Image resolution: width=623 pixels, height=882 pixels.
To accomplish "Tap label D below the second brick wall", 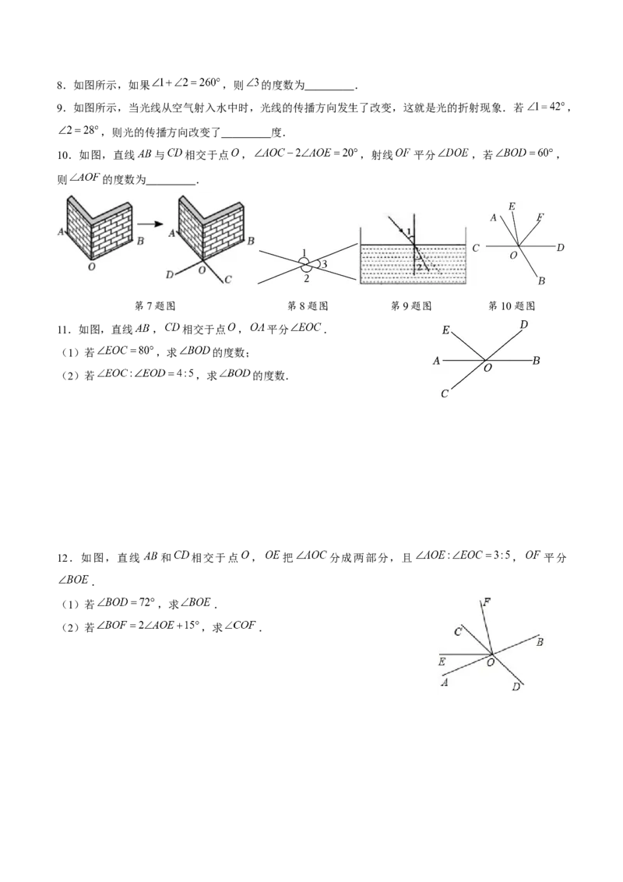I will (171, 273).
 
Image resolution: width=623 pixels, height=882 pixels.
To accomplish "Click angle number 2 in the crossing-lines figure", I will (307, 277).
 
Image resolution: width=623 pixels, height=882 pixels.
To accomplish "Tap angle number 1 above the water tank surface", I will (408, 233).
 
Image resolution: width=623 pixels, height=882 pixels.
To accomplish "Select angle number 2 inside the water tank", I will (419, 266).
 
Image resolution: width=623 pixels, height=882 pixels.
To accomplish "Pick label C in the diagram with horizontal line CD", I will (475, 248).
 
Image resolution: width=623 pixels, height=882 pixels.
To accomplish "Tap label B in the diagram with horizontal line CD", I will (540, 280).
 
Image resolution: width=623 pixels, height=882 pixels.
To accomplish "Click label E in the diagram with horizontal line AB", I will (445, 330).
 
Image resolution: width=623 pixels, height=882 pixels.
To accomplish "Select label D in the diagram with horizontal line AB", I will (523, 323).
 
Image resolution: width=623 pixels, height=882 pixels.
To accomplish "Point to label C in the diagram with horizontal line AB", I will (444, 394).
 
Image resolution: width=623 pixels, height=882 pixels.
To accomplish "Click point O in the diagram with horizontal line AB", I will (487, 368).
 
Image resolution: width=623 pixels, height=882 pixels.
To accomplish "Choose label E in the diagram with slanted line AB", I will (442, 662).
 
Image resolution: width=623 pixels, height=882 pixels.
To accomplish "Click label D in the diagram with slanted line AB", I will (515, 687).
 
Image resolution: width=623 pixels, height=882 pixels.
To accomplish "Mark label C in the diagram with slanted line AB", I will (458, 631).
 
